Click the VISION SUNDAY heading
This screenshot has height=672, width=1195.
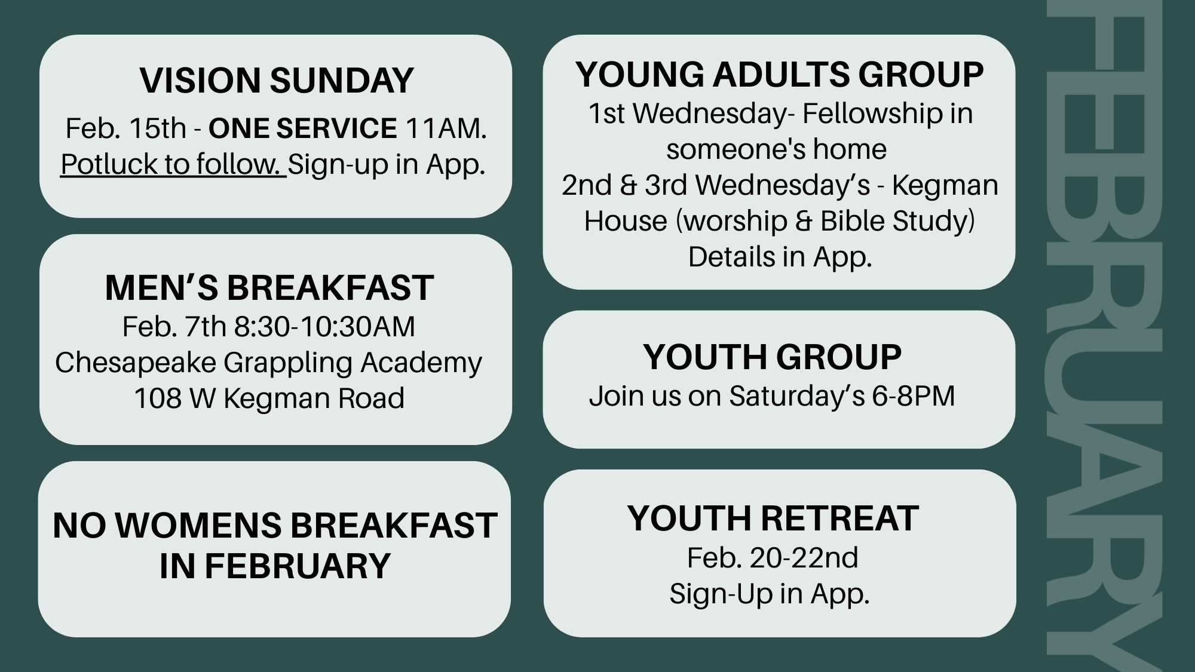(x=276, y=80)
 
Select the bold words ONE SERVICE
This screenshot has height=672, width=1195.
(x=302, y=128)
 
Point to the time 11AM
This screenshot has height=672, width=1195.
(x=446, y=128)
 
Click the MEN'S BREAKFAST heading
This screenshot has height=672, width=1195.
(x=269, y=287)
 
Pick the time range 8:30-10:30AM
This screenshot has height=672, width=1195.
(x=324, y=327)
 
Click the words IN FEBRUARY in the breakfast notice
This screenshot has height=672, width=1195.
(x=275, y=566)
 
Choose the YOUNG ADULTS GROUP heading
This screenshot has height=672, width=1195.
(x=780, y=74)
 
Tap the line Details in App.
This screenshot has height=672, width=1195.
(x=780, y=257)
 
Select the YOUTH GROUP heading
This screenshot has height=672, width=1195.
(x=773, y=357)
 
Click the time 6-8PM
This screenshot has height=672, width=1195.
(x=913, y=396)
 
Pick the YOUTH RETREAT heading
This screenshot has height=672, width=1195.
(x=773, y=518)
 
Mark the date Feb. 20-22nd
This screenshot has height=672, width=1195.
(x=773, y=558)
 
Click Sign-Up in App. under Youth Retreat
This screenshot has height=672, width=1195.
(x=770, y=594)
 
